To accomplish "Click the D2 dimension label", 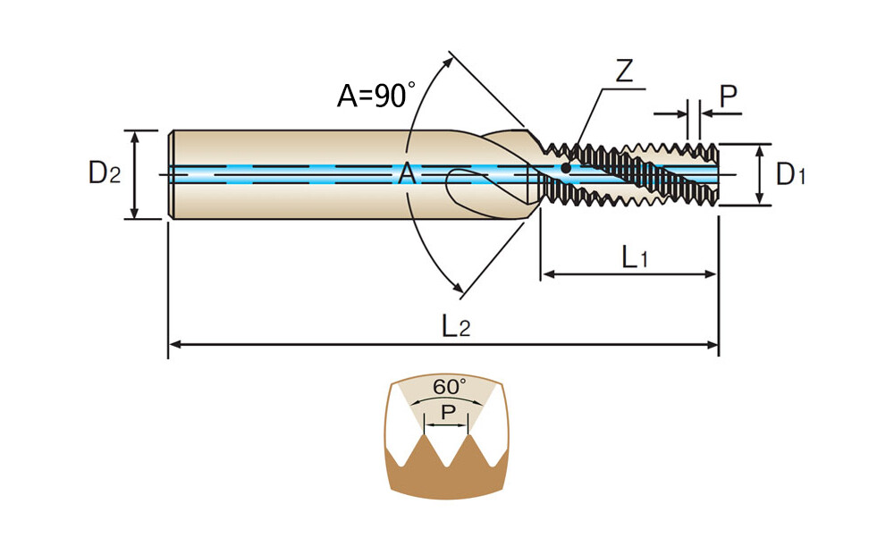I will [104, 174].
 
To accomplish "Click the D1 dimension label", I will [790, 174].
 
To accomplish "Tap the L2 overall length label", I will [455, 328].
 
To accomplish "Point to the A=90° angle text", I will [375, 95].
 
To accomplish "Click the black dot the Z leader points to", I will [566, 167].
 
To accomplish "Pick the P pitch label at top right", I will [730, 97].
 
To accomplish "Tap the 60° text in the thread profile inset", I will [450, 387].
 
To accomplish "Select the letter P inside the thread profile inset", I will [449, 413].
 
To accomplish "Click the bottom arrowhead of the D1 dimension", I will [759, 200].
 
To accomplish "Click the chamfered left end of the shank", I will [170, 174].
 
